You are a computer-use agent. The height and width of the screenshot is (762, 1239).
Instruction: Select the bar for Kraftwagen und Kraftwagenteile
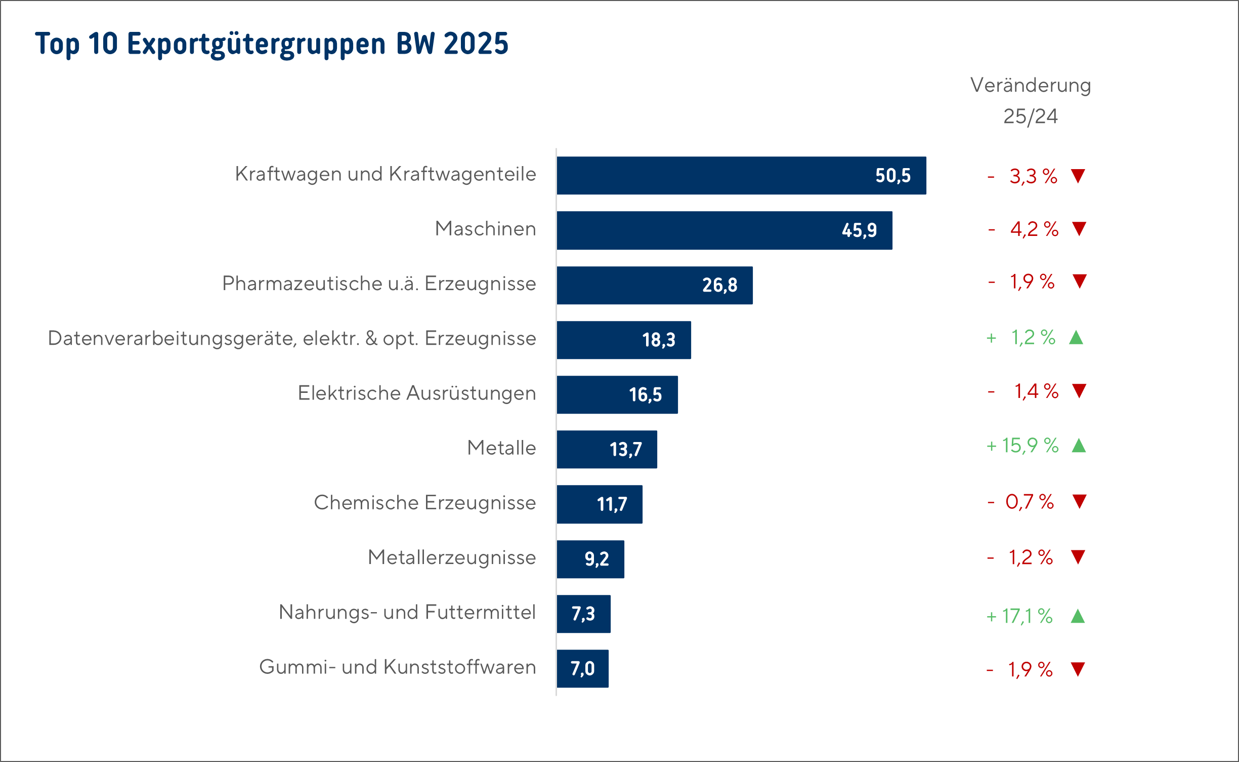coord(741,176)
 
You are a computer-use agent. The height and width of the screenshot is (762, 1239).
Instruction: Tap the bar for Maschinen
coord(724,230)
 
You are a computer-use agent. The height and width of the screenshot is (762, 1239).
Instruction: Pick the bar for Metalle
coord(607,450)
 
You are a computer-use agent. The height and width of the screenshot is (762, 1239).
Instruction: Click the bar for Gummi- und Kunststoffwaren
coord(583,668)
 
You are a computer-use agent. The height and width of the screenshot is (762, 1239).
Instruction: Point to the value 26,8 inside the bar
coord(719,285)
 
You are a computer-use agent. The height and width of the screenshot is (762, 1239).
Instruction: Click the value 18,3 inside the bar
coord(659,340)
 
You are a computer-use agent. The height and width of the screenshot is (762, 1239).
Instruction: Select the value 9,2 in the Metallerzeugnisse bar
coord(597,559)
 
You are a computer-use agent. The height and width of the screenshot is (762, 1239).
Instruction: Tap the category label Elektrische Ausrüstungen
coord(417,393)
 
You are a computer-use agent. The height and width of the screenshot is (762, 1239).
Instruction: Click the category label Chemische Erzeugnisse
coord(425,503)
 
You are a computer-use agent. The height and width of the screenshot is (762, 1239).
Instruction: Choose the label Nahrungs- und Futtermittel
coord(407,612)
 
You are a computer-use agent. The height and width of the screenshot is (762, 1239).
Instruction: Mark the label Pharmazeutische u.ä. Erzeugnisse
coord(379,284)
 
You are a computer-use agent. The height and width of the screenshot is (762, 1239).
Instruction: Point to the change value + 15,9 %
coord(1022,446)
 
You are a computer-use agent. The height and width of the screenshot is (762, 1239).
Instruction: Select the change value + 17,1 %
coord(1019,616)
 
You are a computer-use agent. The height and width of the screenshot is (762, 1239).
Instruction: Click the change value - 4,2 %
coord(1023,229)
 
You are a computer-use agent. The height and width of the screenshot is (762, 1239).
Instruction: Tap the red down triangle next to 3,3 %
coord(1078,176)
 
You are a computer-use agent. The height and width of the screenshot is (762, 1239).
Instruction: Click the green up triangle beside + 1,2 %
coord(1076,337)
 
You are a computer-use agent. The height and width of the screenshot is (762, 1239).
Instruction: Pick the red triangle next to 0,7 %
coord(1080,501)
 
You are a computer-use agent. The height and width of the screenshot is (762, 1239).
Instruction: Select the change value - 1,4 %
coord(1023,391)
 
